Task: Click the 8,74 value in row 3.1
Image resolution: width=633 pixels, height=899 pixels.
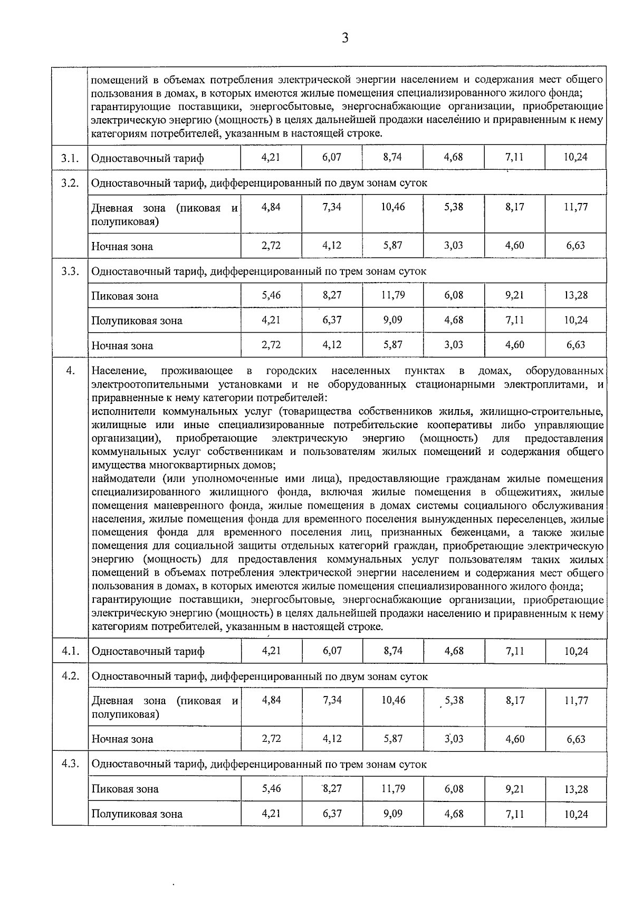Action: pyautogui.click(x=393, y=157)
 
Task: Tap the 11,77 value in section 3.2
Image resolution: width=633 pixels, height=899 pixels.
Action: pyautogui.click(x=575, y=207)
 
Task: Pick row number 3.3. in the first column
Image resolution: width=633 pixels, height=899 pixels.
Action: pyautogui.click(x=70, y=272)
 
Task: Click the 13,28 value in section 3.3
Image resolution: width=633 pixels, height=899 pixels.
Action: pyautogui.click(x=576, y=295)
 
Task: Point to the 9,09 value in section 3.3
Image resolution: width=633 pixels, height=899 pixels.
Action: pyautogui.click(x=393, y=320)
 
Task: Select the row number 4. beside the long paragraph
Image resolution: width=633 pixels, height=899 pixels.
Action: pyautogui.click(x=70, y=371)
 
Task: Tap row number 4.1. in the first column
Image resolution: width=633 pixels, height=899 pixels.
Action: pyautogui.click(x=70, y=651)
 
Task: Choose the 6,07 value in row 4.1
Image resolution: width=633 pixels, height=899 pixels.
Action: pyautogui.click(x=332, y=651)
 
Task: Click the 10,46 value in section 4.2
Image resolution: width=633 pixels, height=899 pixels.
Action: pyautogui.click(x=393, y=700)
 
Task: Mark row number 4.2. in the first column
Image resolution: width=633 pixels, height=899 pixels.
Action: pyautogui.click(x=70, y=676)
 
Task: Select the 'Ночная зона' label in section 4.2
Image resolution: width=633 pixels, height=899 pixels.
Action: pyautogui.click(x=122, y=739)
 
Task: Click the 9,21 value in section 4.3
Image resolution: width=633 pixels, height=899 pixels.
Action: pyautogui.click(x=515, y=789)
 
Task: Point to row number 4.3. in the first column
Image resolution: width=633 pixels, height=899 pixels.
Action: pyautogui.click(x=70, y=764)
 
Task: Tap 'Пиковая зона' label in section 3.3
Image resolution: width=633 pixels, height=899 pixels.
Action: pyautogui.click(x=124, y=296)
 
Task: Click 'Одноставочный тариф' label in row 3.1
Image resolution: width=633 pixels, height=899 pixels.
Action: pyautogui.click(x=148, y=158)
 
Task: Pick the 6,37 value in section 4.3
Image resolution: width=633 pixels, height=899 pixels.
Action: pyautogui.click(x=332, y=814)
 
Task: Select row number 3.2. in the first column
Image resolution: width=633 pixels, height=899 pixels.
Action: pyautogui.click(x=70, y=183)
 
